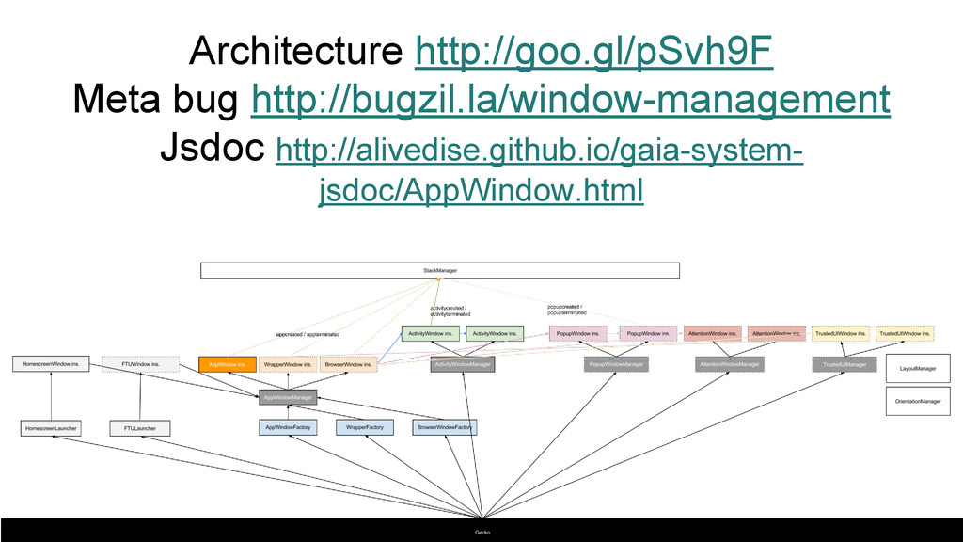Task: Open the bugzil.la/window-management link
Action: pos(570,99)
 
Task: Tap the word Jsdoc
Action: pos(213,147)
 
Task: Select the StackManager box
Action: pos(439,271)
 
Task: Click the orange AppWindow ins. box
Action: pos(228,363)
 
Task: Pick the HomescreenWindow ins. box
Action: pos(51,363)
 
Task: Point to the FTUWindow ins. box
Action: pos(140,363)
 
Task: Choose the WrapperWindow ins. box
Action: pos(288,363)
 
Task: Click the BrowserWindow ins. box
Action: pos(348,363)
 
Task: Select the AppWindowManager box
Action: pos(288,397)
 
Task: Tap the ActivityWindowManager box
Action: pos(462,364)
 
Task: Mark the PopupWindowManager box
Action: pos(617,364)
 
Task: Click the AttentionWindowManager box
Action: pos(729,364)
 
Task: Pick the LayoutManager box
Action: pos(918,368)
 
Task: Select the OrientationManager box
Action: pos(918,401)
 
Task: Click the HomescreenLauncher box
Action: pos(51,428)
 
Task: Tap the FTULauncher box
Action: pos(140,428)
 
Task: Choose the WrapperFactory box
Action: pos(364,427)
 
